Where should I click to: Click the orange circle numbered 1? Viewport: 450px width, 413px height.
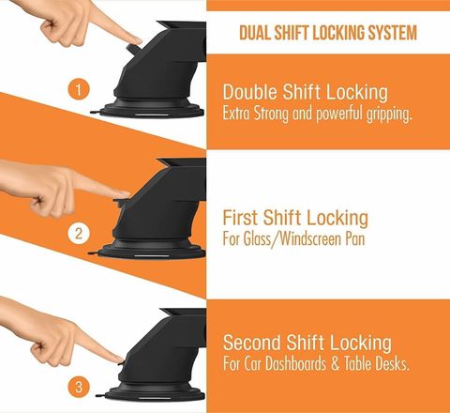pyautogui.click(x=79, y=89)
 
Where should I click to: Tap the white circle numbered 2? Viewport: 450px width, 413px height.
pyautogui.click(x=79, y=233)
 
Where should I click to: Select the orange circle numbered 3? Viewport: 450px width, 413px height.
pyautogui.click(x=79, y=387)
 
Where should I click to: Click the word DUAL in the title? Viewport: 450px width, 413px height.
pyautogui.click(x=255, y=33)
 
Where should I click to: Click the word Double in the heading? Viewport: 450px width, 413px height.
pyautogui.click(x=250, y=92)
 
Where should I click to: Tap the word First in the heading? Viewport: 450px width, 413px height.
pyautogui.click(x=241, y=218)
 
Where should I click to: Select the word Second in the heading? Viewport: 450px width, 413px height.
pyautogui.click(x=252, y=343)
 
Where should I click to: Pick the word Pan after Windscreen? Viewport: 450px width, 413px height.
pyautogui.click(x=355, y=239)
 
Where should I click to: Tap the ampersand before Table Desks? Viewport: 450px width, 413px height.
pyautogui.click(x=335, y=364)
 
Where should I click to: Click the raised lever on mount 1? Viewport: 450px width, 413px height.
pyautogui.click(x=134, y=50)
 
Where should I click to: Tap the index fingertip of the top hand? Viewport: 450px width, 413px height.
pyautogui.click(x=138, y=40)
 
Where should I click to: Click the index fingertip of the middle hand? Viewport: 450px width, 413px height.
pyautogui.click(x=125, y=194)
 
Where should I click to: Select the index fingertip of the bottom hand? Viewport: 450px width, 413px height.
pyautogui.click(x=119, y=359)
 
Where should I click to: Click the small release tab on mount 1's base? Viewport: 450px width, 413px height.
pyautogui.click(x=95, y=112)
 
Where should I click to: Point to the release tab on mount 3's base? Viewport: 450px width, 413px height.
pyautogui.click(x=100, y=395)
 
